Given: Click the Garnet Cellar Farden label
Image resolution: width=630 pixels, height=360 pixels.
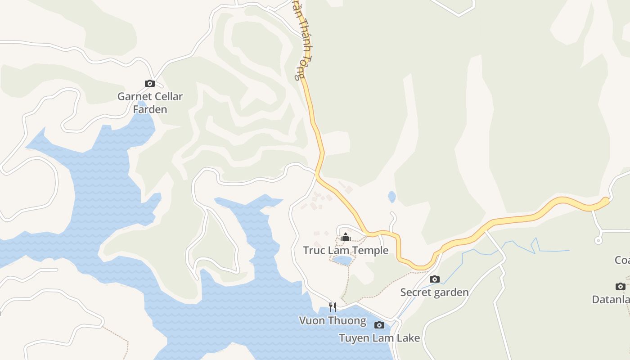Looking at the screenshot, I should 150,103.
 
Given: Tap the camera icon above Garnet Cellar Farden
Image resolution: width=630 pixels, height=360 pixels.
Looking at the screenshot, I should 150,83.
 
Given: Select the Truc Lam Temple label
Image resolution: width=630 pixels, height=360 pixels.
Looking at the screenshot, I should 346,250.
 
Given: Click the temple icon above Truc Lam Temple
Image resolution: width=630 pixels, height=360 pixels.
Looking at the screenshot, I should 346,237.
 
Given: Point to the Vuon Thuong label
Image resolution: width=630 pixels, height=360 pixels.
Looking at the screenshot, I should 333,320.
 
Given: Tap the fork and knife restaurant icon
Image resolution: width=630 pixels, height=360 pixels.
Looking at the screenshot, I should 333,307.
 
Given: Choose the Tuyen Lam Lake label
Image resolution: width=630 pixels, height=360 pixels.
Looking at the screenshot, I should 379,338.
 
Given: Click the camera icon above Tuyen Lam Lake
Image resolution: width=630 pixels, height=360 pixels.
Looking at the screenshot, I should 379,325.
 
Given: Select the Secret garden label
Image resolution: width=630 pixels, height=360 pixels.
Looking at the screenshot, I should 434,292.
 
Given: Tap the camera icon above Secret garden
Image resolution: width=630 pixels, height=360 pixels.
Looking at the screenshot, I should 434,279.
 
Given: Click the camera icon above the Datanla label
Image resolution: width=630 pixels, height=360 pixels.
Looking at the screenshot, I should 620,286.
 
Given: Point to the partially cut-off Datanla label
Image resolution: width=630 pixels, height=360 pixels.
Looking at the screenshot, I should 611,299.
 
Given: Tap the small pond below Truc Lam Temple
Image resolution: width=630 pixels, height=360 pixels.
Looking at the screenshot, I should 342,260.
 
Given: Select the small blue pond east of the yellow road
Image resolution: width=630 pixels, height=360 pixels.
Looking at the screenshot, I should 392,197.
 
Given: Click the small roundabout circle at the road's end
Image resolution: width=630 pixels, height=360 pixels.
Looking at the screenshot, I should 598,240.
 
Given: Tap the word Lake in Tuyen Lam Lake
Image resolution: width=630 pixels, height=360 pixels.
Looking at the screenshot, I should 408,338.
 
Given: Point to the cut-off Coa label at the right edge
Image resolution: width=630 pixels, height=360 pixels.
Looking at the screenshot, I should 622,260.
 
